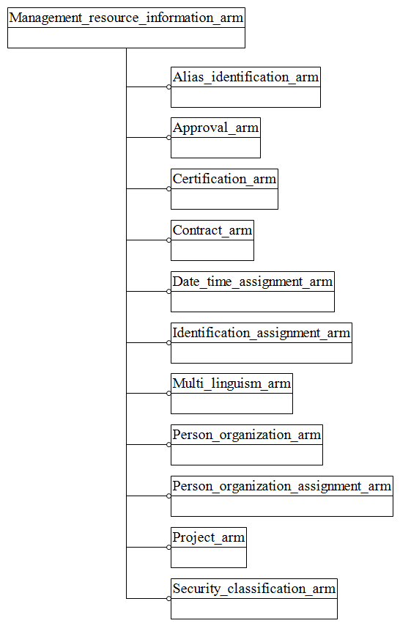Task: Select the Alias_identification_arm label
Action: (245, 77)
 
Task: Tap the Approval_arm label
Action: (215, 128)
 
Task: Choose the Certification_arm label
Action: (224, 179)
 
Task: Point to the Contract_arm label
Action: (212, 230)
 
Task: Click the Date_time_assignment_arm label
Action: (253, 281)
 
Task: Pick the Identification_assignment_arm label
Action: (262, 333)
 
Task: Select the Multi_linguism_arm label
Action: (232, 383)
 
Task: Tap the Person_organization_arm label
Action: (247, 435)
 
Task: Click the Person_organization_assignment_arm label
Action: (282, 486)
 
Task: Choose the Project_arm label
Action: (209, 537)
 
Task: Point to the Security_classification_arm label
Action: (254, 589)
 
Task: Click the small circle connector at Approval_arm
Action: (168, 137)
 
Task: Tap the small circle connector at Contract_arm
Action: (168, 240)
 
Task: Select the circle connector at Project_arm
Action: (168, 547)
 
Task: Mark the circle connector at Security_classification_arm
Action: (168, 598)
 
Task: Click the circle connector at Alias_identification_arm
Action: (168, 86)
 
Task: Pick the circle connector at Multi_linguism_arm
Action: (168, 393)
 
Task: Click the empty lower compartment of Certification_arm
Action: (224, 199)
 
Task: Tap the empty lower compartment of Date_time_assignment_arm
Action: (253, 301)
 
